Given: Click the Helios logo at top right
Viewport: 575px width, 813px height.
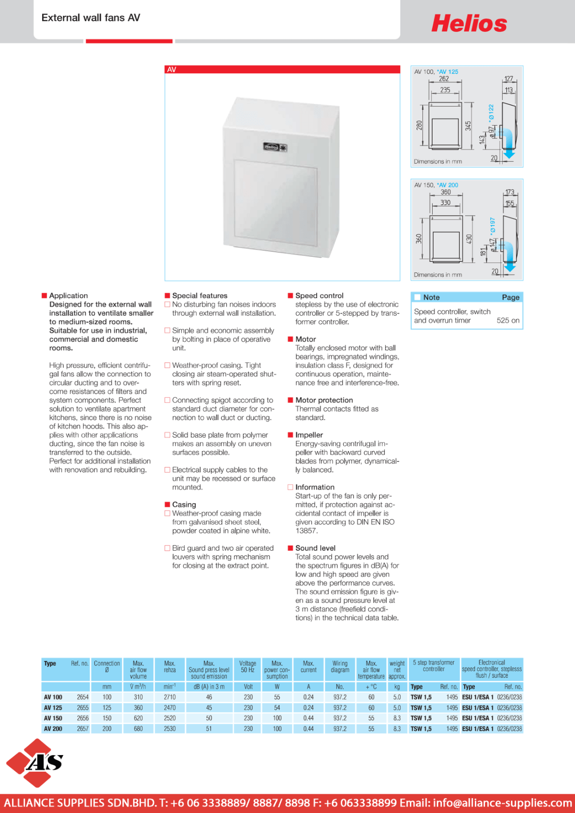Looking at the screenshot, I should (469, 24).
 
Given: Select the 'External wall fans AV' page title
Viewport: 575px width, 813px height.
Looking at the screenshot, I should (90, 18).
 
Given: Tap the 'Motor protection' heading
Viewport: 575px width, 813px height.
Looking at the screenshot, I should (324, 400).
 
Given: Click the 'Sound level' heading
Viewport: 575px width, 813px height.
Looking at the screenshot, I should (315, 548).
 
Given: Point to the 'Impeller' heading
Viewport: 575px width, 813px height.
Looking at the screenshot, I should (309, 435).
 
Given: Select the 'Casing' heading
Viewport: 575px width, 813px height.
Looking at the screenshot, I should (184, 504).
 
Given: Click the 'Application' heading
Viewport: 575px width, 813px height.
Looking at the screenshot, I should (69, 295).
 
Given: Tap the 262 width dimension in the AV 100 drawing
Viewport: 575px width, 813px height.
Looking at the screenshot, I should (444, 79).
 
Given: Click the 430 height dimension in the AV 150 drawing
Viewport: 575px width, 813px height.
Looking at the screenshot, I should (469, 238).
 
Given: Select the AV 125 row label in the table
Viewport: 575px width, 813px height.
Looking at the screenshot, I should (53, 708).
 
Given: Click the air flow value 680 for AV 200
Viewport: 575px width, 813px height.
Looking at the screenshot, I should (138, 729).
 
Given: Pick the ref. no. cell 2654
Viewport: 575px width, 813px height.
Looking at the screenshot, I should (82, 697).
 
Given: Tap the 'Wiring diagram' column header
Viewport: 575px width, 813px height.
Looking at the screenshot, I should (340, 667).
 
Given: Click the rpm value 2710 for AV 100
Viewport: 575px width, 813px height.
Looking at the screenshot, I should (170, 697).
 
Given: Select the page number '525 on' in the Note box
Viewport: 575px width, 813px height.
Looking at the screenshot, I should (508, 320).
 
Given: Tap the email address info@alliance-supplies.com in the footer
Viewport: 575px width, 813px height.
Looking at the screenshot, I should (502, 803).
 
